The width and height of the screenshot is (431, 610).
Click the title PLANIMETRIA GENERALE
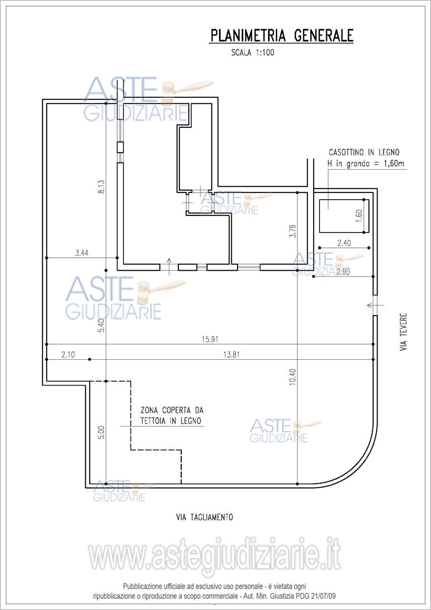(x=281, y=36)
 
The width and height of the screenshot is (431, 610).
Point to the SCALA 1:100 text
(x=253, y=52)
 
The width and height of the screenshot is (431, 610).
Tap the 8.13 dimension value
(x=102, y=187)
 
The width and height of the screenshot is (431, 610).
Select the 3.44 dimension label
(x=82, y=253)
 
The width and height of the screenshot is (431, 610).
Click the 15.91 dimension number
(x=210, y=340)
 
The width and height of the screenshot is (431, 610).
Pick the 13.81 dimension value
(x=231, y=355)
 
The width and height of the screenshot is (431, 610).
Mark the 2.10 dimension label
(x=68, y=355)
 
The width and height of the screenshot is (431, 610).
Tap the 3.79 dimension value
(x=293, y=231)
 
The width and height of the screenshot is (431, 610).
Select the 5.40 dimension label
(x=102, y=325)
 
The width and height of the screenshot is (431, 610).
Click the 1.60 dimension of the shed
(x=359, y=216)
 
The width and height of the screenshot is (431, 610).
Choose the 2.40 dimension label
(x=344, y=243)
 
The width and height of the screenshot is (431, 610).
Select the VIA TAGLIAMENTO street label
(x=205, y=518)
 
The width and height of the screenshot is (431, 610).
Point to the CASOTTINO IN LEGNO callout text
(x=364, y=152)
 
